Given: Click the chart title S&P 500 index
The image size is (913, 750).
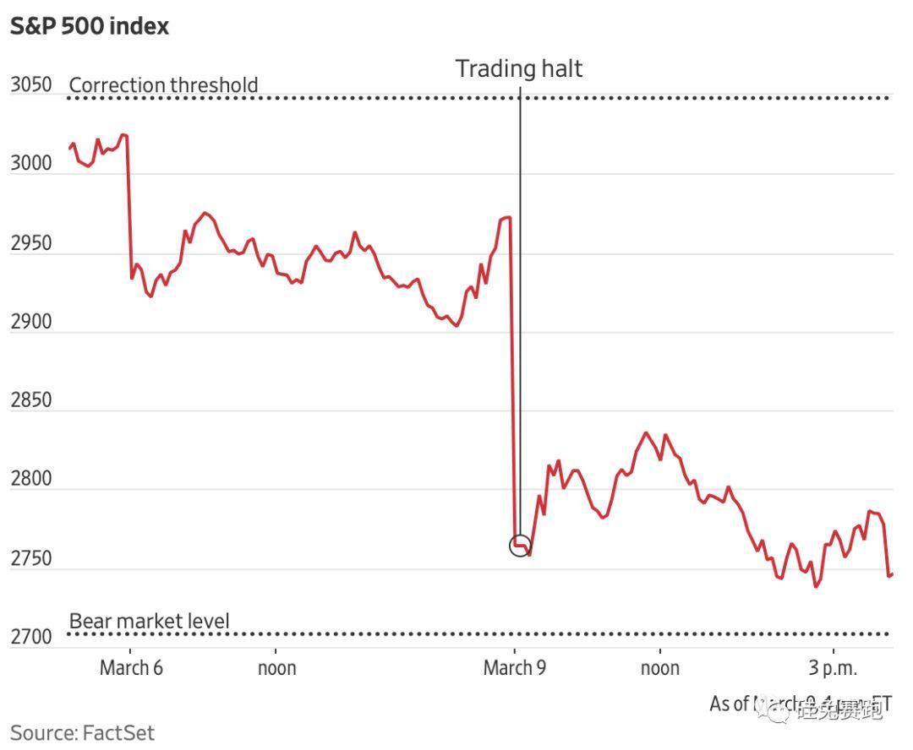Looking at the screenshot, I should pos(90,26).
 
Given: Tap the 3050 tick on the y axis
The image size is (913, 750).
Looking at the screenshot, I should pos(31,85).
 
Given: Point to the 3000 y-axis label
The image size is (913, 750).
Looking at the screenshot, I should pos(31,164).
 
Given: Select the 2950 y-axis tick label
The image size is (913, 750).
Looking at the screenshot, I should pos(31,243).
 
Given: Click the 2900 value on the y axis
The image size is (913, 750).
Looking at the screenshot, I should pos(31,322).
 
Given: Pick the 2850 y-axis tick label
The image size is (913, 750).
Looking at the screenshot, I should pos(31,400).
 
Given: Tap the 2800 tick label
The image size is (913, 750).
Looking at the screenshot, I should pos(31,479).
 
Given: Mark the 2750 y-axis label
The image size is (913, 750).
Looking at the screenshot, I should pos(31,558).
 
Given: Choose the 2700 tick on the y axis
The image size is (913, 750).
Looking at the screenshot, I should pos(31,636).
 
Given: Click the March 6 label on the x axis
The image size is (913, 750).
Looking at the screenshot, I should pos(131,668).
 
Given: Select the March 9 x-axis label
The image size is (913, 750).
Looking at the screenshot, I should pos(515,668).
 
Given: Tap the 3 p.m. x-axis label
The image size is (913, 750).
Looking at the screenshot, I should pos(833,668).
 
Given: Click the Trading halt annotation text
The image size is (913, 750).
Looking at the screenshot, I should pos(519,68).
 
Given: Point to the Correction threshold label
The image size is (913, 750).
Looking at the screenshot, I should pos(163,85).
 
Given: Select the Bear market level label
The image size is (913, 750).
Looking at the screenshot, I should pos(149,622).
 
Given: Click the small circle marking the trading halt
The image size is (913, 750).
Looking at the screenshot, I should pos(520,546).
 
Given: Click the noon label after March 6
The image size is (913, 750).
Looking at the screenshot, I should pos(276,668).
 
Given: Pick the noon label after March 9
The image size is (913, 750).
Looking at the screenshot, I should pos(660,668).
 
